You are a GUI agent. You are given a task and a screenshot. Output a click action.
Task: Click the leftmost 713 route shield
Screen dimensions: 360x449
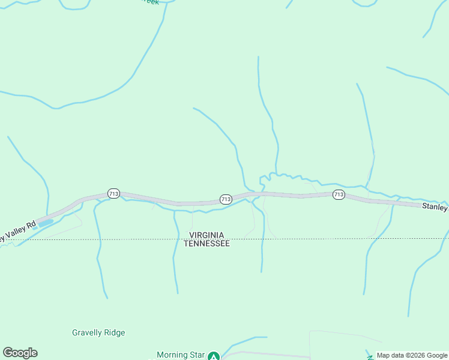coord(114,193)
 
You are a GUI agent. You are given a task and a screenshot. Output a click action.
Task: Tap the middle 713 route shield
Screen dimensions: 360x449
coord(226,199)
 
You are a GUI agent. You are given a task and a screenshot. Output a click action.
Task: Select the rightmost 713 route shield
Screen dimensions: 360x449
coord(339,194)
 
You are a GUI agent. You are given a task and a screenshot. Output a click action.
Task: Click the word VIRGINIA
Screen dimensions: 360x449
coord(206,235)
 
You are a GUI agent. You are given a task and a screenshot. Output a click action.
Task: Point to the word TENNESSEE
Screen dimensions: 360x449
coord(206,244)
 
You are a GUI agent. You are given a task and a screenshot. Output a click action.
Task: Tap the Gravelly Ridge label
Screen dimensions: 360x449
coord(98,332)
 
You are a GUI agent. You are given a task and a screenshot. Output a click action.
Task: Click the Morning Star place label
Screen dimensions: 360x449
coord(180,355)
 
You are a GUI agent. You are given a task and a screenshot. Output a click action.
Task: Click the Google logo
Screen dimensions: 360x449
coord(20,353)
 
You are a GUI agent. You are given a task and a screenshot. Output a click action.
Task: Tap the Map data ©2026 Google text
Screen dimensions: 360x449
coord(412,356)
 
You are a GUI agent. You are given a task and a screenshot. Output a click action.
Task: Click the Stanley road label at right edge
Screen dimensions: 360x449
coord(435,207)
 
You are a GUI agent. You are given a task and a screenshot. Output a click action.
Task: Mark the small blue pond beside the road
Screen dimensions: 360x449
coord(46,222)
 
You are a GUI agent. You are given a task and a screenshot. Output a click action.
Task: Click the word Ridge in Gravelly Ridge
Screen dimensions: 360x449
coord(115,332)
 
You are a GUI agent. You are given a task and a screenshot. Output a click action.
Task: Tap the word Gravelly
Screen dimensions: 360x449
coord(87,332)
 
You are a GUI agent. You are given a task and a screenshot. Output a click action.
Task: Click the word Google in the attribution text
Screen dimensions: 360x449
coord(436,356)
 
